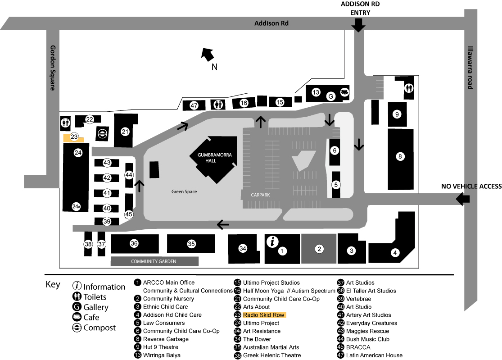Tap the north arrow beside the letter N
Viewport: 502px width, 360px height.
[208, 54]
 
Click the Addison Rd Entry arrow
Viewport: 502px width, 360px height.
[358, 25]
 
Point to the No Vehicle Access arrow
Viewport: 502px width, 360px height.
[463, 199]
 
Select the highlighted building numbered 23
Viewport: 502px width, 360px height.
[73, 138]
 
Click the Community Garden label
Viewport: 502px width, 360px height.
[154, 261]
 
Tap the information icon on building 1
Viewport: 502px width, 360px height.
[272, 242]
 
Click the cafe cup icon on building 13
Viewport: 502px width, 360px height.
[344, 92]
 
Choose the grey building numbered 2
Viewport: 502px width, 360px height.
[319, 249]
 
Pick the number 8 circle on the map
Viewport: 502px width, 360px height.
[400, 157]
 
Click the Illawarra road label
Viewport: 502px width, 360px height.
[470, 68]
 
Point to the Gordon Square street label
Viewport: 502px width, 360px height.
[53, 68]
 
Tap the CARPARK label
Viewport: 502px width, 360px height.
[260, 195]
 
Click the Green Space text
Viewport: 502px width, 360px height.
[184, 191]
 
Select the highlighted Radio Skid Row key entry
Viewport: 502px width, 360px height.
[264, 315]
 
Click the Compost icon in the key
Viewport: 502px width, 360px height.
[77, 328]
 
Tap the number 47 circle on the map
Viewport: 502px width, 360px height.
[194, 105]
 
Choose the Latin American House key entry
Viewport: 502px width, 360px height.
[374, 355]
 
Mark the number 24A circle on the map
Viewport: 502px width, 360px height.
[76, 207]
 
